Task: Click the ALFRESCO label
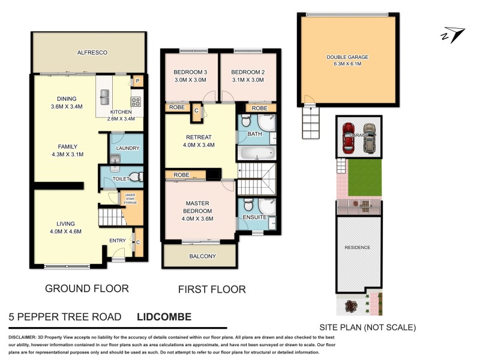[92, 53]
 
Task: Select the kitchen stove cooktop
[136, 101]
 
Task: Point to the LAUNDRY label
[127, 148]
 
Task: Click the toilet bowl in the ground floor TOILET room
[135, 177]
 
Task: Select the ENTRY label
[118, 241]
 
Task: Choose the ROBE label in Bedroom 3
[176, 108]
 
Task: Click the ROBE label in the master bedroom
[181, 175]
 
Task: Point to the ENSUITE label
[254, 217]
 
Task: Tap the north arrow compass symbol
[453, 35]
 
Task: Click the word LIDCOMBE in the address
[164, 316]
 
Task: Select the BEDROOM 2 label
[247, 72]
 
